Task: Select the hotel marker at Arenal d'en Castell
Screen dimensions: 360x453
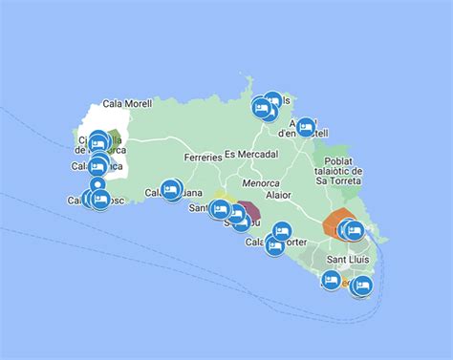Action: pyautogui.click(x=305, y=127)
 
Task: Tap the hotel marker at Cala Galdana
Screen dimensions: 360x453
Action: pyautogui.click(x=171, y=190)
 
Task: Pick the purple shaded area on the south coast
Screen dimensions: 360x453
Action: pyautogui.click(x=251, y=207)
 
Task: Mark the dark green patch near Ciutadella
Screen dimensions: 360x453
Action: pyautogui.click(x=116, y=140)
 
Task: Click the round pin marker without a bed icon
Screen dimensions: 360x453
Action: pyautogui.click(x=97, y=185)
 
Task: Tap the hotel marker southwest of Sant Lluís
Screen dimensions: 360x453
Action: pyautogui.click(x=331, y=280)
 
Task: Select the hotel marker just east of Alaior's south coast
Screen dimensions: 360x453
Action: pyautogui.click(x=281, y=231)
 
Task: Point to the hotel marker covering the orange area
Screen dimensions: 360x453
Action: pyautogui.click(x=353, y=229)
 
